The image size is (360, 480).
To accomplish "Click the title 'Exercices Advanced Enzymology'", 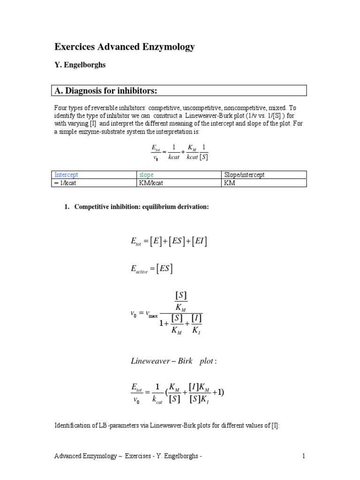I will tap(124, 47).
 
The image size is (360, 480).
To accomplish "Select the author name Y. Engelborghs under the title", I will tap(80, 65).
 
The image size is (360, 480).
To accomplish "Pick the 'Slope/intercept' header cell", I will tap(244, 175).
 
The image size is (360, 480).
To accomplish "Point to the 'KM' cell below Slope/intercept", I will tap(229, 183).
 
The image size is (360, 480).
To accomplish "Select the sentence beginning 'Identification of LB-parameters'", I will tap(167, 425).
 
